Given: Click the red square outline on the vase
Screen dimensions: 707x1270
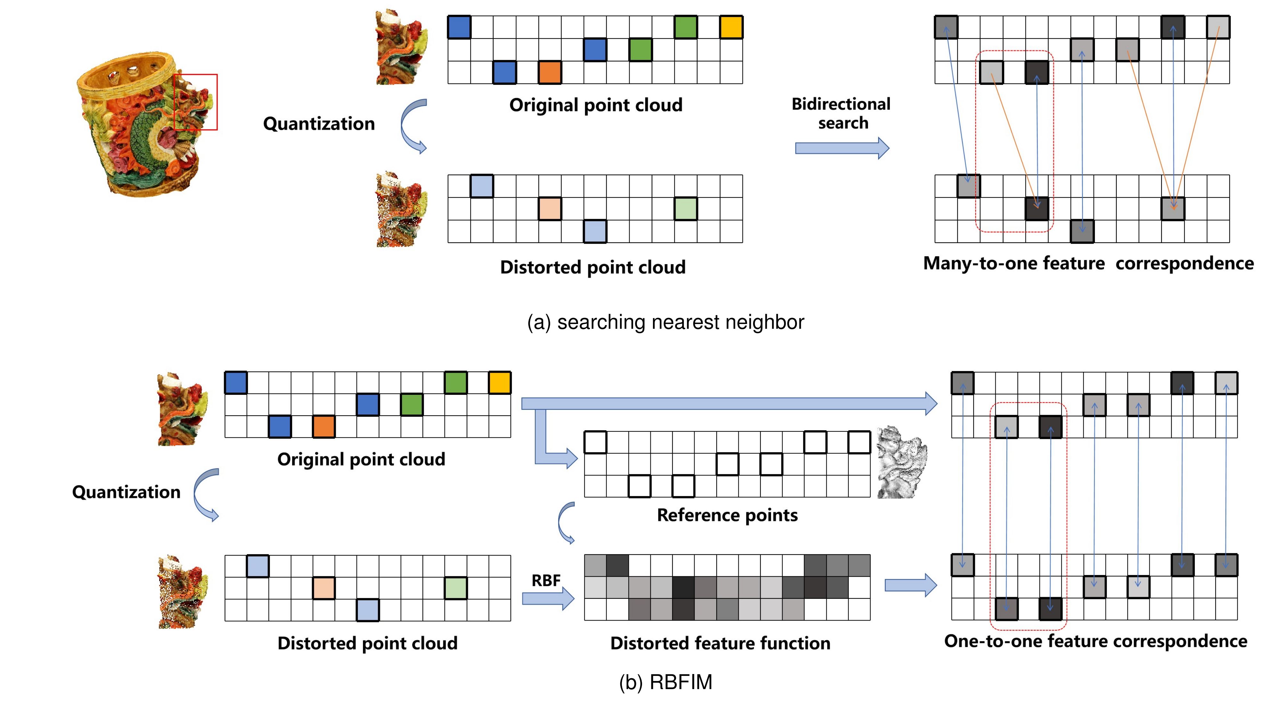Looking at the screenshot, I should point(196,102).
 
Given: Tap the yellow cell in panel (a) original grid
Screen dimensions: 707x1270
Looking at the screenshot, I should point(731,27).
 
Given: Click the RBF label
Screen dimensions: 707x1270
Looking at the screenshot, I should point(546,580).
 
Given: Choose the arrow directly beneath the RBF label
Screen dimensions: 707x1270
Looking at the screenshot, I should point(548,599).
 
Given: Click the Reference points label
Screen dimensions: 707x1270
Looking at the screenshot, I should point(727,515).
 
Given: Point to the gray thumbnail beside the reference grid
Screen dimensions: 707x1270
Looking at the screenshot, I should point(902,462).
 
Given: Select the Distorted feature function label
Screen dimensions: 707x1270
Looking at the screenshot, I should point(720,643).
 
